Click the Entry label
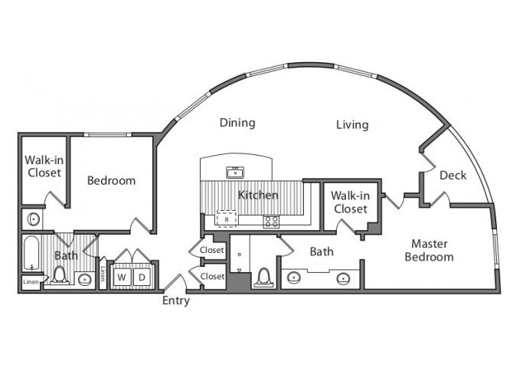tap(176, 301)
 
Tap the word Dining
tap(237, 123)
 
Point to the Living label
tap(352, 125)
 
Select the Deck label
tap(453, 176)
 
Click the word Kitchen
tap(258, 195)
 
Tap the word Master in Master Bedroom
tap(430, 244)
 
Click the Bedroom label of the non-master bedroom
tap(111, 181)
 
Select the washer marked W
tap(122, 278)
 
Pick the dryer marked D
tap(142, 278)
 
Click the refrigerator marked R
tap(227, 219)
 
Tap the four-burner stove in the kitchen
tap(271, 222)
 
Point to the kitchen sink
tap(235, 172)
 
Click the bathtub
tap(31, 254)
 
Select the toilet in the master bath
tap(263, 278)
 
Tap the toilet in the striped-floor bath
tap(60, 275)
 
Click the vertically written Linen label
tap(103, 273)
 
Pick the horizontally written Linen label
tap(31, 282)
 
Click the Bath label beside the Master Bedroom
tap(322, 251)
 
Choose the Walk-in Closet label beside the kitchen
tap(350, 202)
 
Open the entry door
tap(175, 283)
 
